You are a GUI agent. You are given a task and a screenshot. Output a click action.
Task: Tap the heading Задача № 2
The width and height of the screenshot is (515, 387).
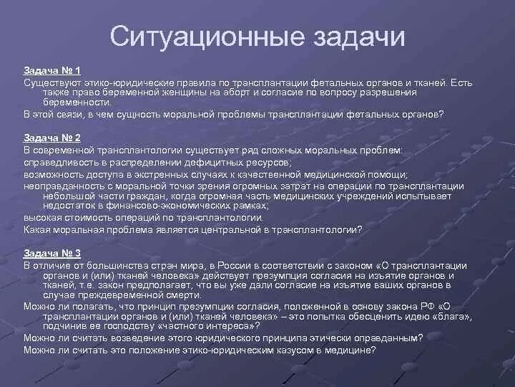[51, 138]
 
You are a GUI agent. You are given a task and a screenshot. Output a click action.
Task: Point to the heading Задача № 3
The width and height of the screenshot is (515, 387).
[51, 254]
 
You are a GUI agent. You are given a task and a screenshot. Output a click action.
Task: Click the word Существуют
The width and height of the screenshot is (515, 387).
[50, 83]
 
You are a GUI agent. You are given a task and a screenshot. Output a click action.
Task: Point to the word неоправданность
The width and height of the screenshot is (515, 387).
[61, 186]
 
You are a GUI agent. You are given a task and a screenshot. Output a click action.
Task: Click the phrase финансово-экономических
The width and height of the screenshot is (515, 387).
[153, 206]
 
